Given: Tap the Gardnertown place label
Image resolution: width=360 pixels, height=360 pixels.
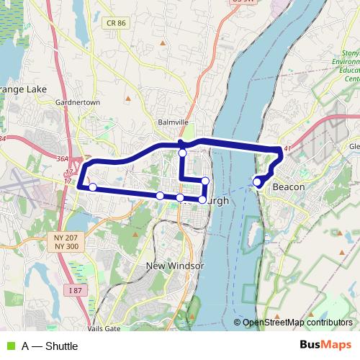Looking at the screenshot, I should pyautogui.click(x=77, y=102).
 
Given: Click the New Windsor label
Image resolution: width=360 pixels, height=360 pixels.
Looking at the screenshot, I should pyautogui.click(x=176, y=266).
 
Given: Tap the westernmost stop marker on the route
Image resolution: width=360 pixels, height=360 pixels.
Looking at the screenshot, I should pyautogui.click(x=92, y=187).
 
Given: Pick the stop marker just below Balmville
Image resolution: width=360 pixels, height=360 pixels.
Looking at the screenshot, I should pyautogui.click(x=183, y=153).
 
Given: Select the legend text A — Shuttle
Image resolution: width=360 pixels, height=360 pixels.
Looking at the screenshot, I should pyautogui.click(x=50, y=346).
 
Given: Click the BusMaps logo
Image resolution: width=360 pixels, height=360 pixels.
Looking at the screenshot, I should pyautogui.click(x=325, y=345).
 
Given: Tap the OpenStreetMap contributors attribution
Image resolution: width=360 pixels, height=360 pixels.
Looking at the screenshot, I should pyautogui.click(x=296, y=323).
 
